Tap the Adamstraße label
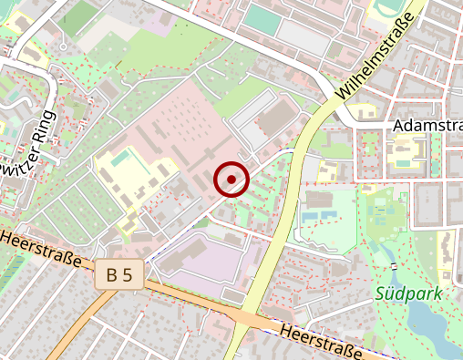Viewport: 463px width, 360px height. tap(427, 125)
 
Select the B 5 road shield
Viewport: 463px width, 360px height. tap(118, 274)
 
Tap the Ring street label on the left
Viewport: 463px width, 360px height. tap(27, 150)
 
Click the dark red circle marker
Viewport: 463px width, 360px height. tap(231, 179)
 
